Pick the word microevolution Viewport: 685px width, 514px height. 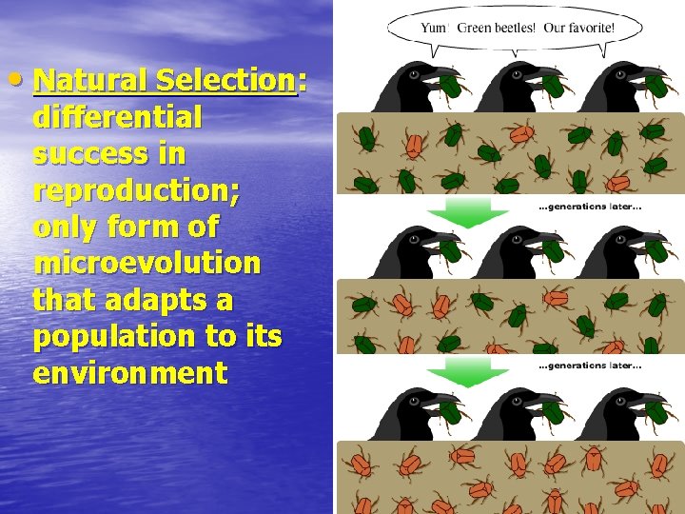pos(146,263)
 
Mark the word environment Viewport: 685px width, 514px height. pos(129,372)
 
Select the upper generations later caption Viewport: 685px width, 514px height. pos(590,208)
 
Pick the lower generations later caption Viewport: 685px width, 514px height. pos(590,366)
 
